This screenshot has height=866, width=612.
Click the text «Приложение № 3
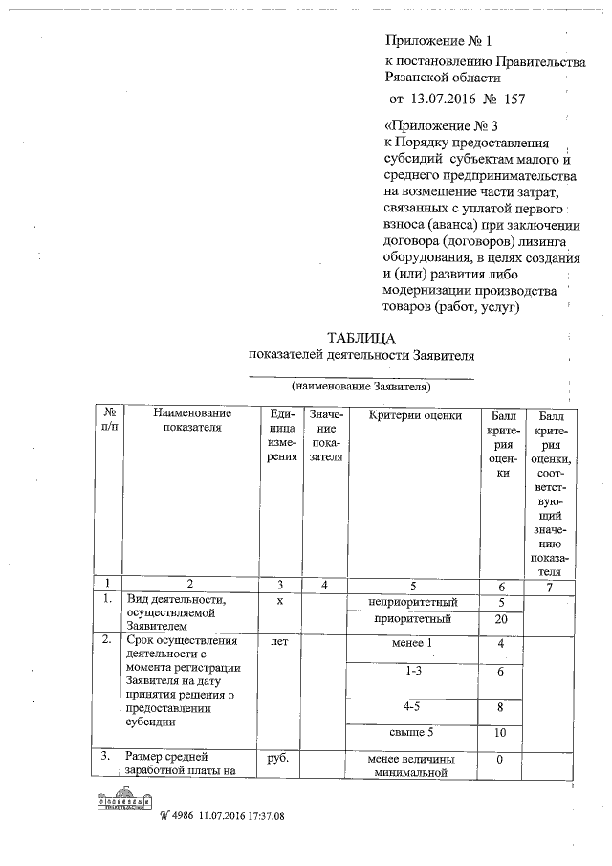tap(441, 124)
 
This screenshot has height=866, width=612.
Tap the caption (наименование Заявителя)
tap(361, 388)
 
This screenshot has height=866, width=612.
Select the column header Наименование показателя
tap(191, 421)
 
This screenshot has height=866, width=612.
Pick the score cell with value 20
tap(501, 619)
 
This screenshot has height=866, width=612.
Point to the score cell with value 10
tap(501, 733)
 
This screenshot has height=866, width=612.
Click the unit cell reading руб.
tap(280, 760)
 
